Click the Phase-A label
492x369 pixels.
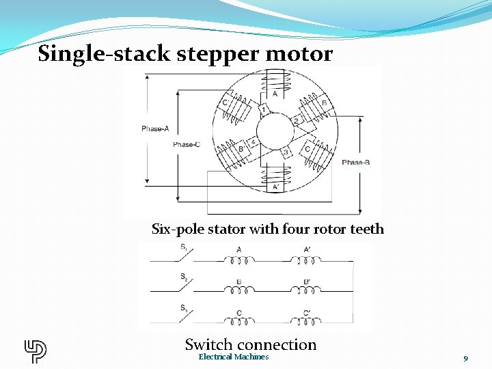click(155, 128)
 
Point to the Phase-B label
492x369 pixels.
click(356, 163)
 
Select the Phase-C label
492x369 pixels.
click(187, 145)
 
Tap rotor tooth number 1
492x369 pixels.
click(263, 109)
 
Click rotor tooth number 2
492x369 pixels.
click(297, 121)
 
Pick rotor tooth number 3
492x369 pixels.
click(286, 152)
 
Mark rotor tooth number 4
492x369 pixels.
click(253, 141)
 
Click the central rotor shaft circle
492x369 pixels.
click(275, 130)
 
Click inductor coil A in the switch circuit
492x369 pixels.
click(238, 260)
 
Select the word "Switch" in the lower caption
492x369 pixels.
click(209, 344)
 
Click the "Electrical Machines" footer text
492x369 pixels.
click(234, 357)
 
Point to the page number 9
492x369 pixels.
click(465, 358)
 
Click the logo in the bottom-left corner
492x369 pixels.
click(35, 351)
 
